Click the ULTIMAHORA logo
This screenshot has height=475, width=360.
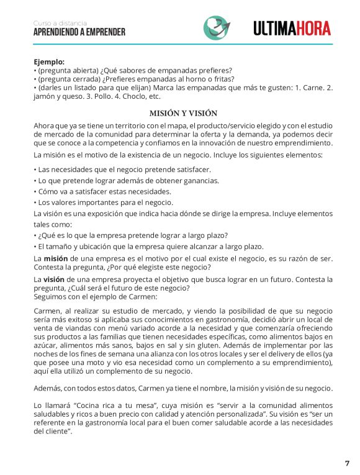click(x=292, y=28)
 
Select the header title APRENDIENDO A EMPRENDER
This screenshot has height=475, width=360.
click(x=79, y=32)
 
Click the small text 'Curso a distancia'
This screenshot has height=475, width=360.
click(x=60, y=23)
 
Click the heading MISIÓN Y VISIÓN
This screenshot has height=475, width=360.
click(x=183, y=113)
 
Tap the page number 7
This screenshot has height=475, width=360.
click(x=347, y=463)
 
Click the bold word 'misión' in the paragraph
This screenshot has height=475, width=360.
click(x=55, y=258)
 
